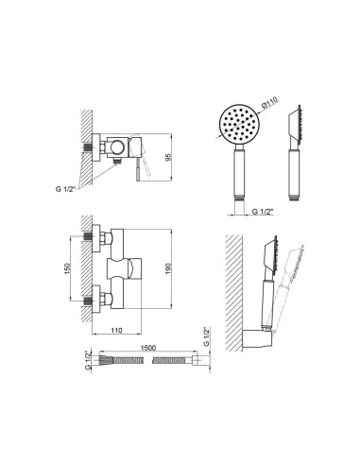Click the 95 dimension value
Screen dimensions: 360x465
coord(168,157)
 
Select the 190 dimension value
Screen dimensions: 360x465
coord(168,268)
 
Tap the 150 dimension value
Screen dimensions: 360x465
coord(67,268)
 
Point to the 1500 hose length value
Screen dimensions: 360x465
coord(148,348)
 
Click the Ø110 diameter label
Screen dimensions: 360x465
coord(270,103)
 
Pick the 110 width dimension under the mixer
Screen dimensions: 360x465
coord(116,330)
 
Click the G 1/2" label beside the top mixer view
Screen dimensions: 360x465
coord(64,189)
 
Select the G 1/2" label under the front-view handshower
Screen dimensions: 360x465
coord(263,212)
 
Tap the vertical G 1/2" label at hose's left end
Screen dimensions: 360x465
coord(88,360)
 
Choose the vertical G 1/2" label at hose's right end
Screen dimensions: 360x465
coord(206,336)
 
